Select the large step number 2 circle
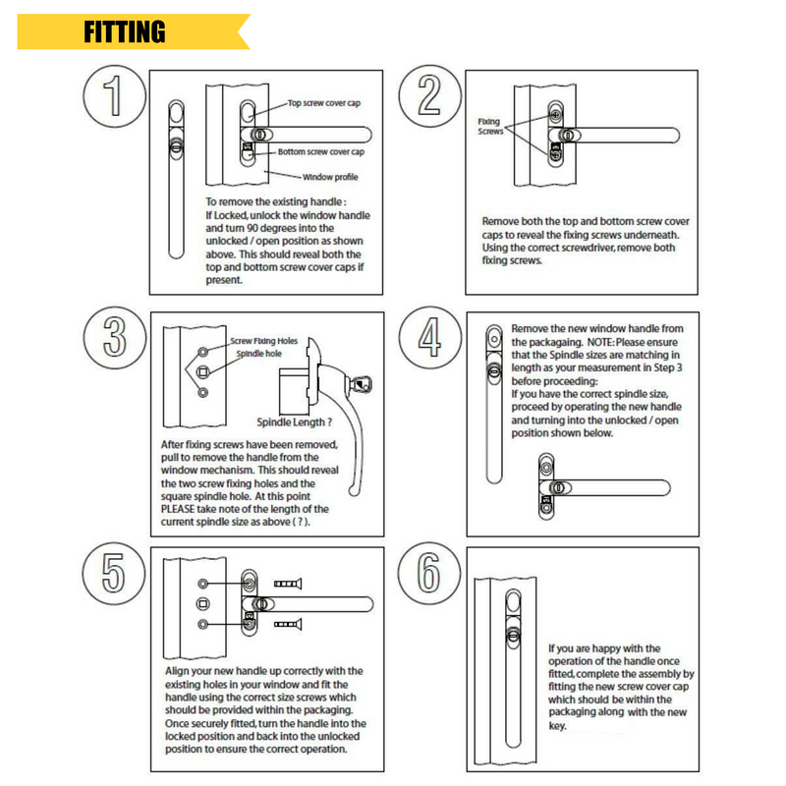[x=429, y=99]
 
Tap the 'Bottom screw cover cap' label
[x=320, y=152]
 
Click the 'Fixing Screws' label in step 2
[x=488, y=127]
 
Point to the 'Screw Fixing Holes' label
[x=263, y=342]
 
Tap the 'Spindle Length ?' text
[x=294, y=423]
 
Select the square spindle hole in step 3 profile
[x=203, y=371]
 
